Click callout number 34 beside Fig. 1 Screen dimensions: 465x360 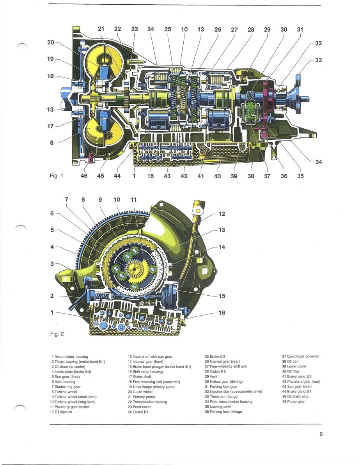tap(319, 162)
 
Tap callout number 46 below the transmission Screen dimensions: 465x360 tap(84, 176)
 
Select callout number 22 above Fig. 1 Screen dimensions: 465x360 tap(117, 29)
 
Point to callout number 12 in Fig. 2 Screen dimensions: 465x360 tap(222, 214)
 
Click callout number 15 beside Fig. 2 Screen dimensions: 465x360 tap(222, 296)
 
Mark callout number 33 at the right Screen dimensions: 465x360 tap(319, 60)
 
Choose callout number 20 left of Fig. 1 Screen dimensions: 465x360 tap(51, 42)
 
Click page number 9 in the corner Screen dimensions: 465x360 tap(321, 434)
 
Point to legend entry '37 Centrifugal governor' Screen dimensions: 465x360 tap(300, 356)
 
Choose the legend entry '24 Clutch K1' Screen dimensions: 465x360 tap(138, 412)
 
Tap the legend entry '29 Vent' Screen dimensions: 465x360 tap(212, 376)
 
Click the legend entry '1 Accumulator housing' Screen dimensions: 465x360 tap(69, 357)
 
